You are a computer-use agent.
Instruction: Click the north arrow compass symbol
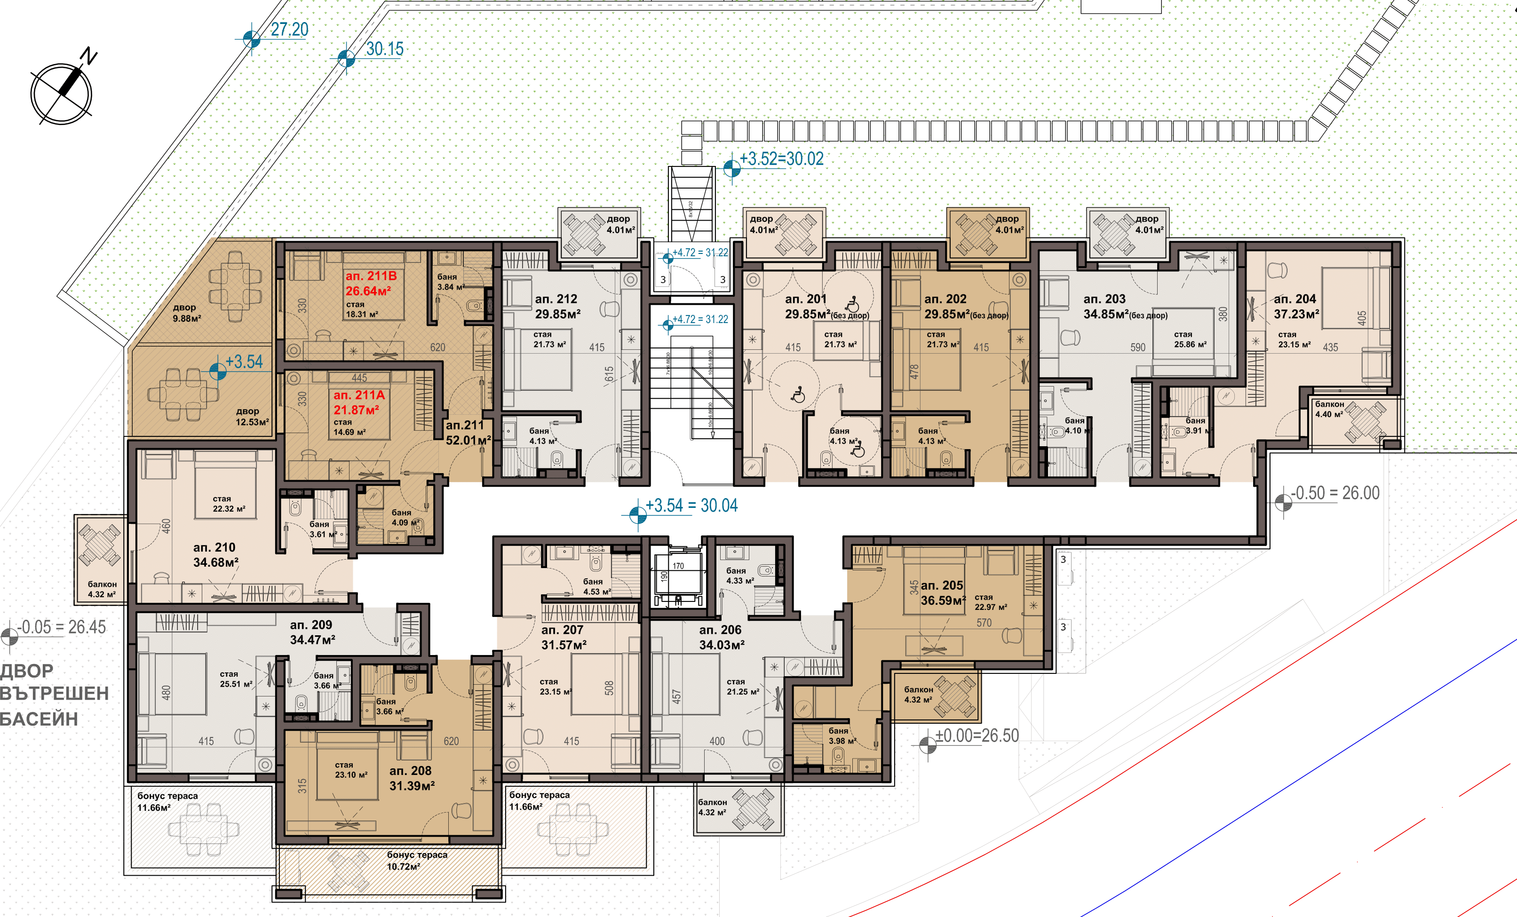pyautogui.click(x=62, y=93)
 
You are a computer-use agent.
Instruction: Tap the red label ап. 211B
pyautogui.click(x=371, y=276)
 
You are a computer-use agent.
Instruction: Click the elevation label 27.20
pyautogui.click(x=289, y=29)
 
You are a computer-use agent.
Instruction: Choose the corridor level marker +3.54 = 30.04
pyautogui.click(x=691, y=506)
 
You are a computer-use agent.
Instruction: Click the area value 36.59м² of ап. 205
pyautogui.click(x=943, y=600)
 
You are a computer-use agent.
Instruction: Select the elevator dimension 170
pyautogui.click(x=678, y=566)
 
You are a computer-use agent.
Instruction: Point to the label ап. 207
pyautogui.click(x=562, y=630)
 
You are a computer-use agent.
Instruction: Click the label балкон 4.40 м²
pyautogui.click(x=1329, y=409)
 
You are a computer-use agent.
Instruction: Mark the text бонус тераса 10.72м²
pyautogui.click(x=417, y=861)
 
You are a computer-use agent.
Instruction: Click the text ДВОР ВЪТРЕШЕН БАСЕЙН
pyautogui.click(x=54, y=694)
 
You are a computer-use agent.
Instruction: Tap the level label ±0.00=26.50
pyautogui.click(x=977, y=735)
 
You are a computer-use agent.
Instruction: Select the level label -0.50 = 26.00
pyautogui.click(x=1335, y=493)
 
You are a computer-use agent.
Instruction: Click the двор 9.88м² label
pyautogui.click(x=186, y=313)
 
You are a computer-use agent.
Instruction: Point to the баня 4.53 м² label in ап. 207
pyautogui.click(x=596, y=586)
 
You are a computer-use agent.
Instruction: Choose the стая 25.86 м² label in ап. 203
pyautogui.click(x=1190, y=339)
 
